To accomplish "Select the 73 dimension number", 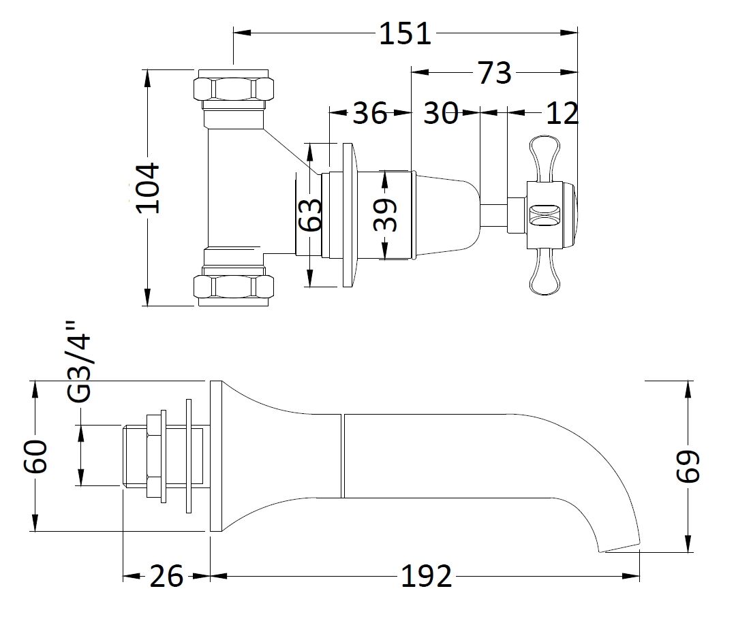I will coord(494,72).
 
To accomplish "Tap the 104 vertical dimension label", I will coord(146,188).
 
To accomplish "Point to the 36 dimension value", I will coord(369,113).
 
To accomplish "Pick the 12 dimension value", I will coord(562,113).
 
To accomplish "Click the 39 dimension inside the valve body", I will coord(385,215).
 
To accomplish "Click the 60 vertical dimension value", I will coord(35,456).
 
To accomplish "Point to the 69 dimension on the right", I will coord(688,467).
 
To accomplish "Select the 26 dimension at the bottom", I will coord(166,577).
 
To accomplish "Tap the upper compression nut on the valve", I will coord(234,89).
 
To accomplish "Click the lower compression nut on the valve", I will coord(234,286).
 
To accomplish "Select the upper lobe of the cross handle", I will coord(545,155).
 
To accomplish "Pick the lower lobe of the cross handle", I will coord(545,276).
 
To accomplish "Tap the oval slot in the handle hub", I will coord(544,215).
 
